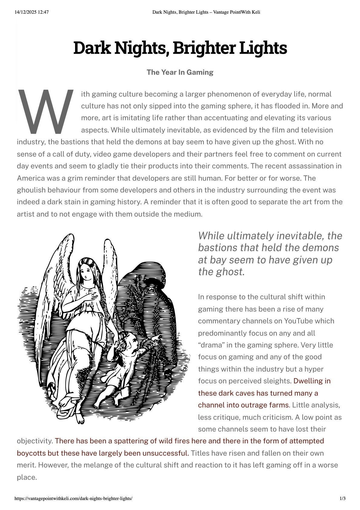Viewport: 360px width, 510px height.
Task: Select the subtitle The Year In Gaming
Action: click(180, 72)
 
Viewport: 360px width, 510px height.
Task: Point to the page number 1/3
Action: click(342, 498)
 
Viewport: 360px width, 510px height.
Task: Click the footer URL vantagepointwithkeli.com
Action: click(73, 498)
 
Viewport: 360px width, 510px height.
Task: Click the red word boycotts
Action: click(31, 453)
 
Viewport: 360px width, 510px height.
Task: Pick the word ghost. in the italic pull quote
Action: click(230, 272)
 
